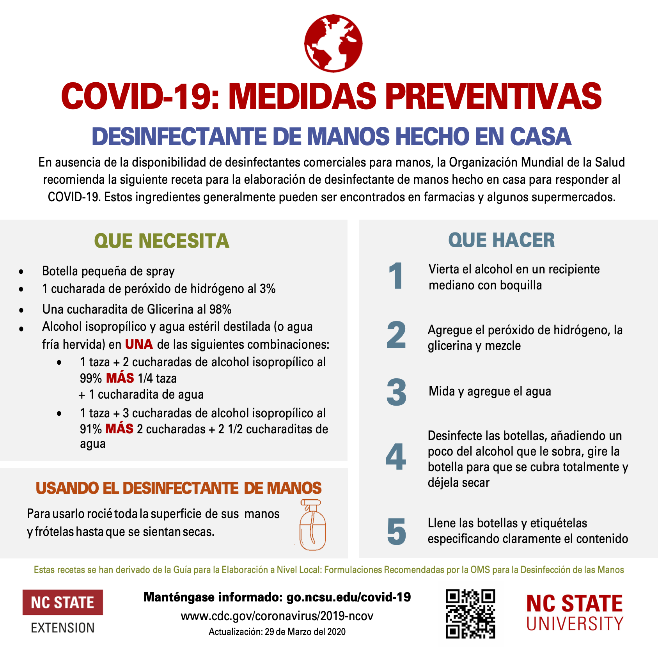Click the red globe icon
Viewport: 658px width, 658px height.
pos(333,43)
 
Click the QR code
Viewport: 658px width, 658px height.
pos(470,614)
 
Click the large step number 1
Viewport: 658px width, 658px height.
pos(396,276)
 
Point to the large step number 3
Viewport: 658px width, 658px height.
pos(396,392)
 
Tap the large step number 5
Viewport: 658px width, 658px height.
pos(396,531)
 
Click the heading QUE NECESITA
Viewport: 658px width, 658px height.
pos(161,241)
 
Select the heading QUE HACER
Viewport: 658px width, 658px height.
pos(501,240)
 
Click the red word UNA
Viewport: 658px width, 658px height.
pos(139,344)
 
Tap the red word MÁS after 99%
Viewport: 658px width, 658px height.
pos(120,378)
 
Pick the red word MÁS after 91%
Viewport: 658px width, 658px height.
pos(119,429)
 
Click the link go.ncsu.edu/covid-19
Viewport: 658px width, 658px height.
pos(348,597)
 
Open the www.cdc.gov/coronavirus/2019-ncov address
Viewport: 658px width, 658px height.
pos(277,616)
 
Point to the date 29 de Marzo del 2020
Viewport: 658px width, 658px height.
pos(305,632)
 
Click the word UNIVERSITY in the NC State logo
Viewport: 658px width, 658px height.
pos(575,624)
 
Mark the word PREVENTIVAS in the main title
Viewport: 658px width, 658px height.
pos(493,96)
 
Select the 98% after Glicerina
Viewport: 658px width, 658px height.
pos(220,309)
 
